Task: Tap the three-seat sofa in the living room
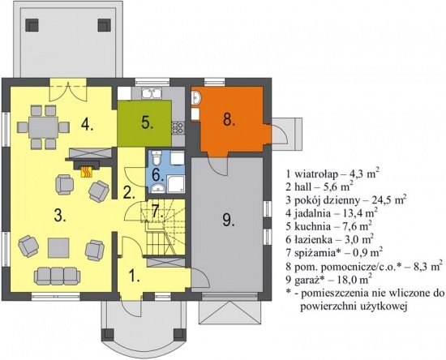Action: (57, 276)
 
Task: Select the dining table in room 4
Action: (43, 126)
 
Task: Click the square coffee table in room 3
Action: (58, 247)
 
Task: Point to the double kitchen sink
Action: (152, 93)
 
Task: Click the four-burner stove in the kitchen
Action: (178, 127)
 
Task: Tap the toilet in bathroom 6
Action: (157, 158)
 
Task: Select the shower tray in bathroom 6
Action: (176, 184)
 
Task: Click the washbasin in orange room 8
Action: (196, 98)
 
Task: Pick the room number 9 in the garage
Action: (229, 220)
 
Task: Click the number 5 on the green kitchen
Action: (148, 122)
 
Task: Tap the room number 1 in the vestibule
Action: (134, 275)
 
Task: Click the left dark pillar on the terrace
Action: (32, 25)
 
